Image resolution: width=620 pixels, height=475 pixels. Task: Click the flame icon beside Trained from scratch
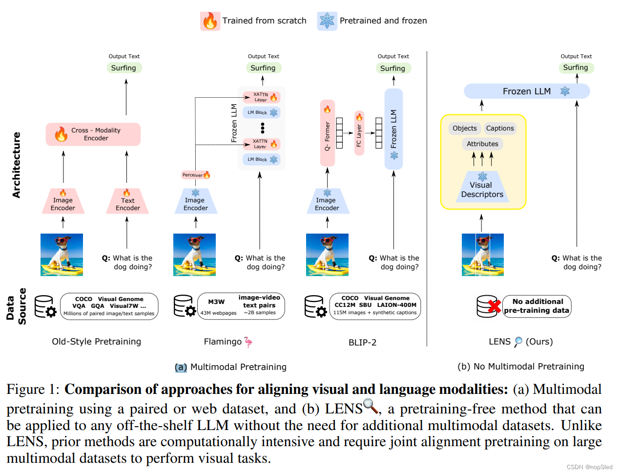tap(210, 21)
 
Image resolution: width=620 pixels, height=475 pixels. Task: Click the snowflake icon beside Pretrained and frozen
tap(327, 21)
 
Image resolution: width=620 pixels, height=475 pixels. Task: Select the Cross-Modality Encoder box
tap(93, 134)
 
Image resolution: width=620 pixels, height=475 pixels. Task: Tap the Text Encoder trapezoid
tap(127, 202)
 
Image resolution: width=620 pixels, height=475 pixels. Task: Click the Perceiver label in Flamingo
tap(196, 175)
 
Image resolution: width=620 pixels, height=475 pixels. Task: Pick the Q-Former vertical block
tap(328, 133)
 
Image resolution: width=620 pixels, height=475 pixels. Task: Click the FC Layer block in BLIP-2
tap(359, 133)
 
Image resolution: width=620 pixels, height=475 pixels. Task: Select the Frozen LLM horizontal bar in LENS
tap(526, 91)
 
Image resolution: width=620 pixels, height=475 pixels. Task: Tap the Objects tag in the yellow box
tap(464, 129)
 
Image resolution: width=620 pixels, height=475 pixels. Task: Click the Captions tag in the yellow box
tap(499, 129)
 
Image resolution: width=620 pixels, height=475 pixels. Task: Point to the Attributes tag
tap(482, 144)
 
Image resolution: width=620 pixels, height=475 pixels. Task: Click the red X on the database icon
tap(495, 306)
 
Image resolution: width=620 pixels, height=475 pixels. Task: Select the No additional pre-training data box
tap(537, 306)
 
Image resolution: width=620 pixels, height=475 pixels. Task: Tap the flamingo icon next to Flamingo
tap(248, 342)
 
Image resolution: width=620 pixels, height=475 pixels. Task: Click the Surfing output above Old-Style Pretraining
tap(124, 68)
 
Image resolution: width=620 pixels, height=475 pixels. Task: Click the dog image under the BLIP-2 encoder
tap(327, 255)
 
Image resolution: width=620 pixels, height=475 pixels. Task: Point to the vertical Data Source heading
tap(16, 306)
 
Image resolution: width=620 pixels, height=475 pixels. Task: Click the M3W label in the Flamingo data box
tap(216, 302)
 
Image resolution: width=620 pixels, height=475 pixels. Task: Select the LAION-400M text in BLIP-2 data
tap(396, 305)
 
